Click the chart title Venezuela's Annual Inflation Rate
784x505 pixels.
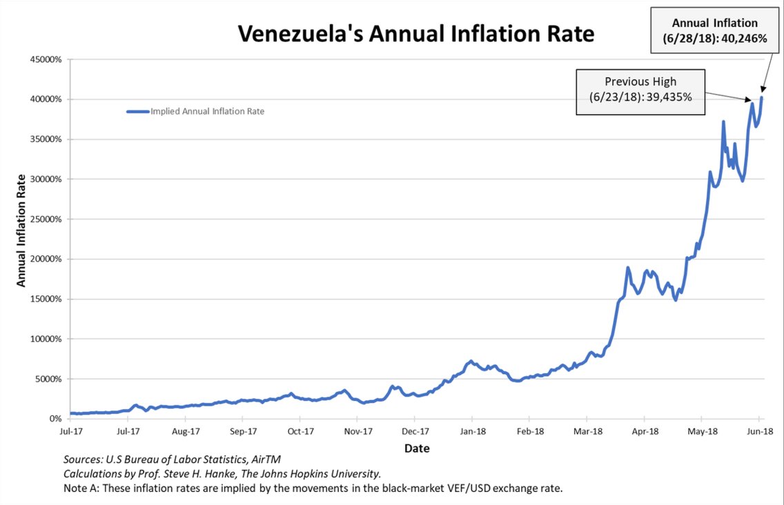[x=415, y=34]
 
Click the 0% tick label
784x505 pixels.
[x=55, y=419]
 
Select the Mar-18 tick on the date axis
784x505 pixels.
[x=587, y=431]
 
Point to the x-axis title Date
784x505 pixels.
[x=417, y=448]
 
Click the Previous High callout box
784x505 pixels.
[x=640, y=92]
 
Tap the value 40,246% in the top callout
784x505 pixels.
[x=744, y=39]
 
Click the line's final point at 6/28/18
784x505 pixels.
[x=762, y=97]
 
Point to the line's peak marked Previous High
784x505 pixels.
[x=751, y=103]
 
